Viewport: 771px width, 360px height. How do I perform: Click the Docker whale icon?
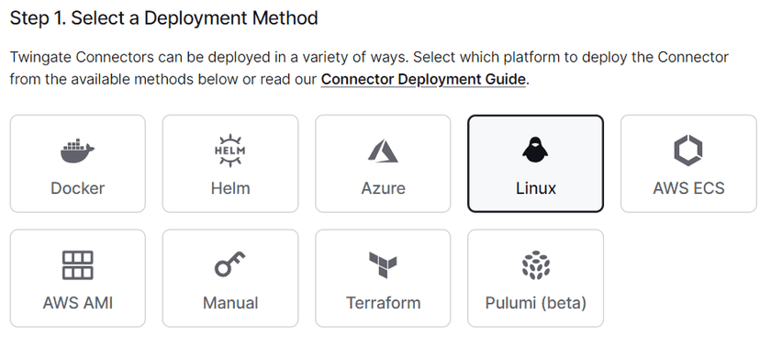click(x=77, y=149)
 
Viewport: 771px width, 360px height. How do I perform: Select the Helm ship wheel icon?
click(x=229, y=149)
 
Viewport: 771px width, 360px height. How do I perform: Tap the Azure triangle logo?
click(x=383, y=150)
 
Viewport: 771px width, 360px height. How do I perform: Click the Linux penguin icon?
click(x=535, y=149)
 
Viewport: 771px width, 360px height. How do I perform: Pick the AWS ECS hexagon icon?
click(x=688, y=149)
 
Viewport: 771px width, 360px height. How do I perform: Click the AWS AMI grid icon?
click(x=77, y=264)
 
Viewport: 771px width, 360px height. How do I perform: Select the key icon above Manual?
click(x=229, y=264)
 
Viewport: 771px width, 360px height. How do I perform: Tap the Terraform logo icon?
click(x=383, y=265)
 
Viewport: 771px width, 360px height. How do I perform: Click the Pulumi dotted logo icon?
click(x=535, y=264)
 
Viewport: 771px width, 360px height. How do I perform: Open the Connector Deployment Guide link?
click(x=423, y=79)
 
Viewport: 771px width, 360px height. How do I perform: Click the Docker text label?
click(x=77, y=188)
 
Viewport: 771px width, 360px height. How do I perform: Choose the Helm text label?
click(x=229, y=188)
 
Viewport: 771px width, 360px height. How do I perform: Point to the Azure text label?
click(x=383, y=188)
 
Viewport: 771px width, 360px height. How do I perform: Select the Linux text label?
click(x=535, y=188)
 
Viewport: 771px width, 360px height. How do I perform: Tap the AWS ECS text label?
click(x=688, y=188)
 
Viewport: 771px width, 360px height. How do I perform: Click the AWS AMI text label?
click(x=77, y=302)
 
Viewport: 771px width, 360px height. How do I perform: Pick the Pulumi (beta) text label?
click(x=535, y=302)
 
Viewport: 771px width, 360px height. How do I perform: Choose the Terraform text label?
click(x=383, y=302)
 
